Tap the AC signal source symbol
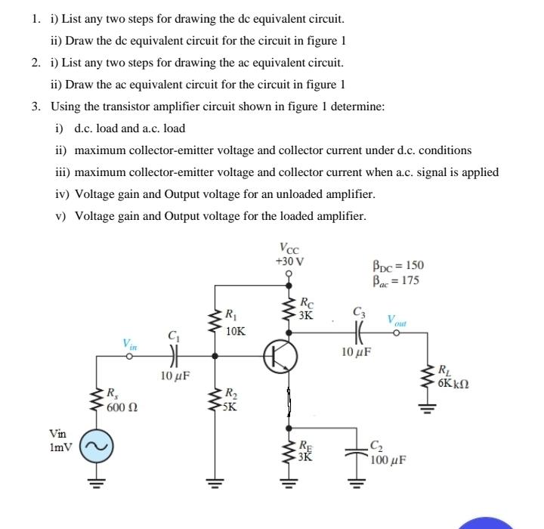coord(96,447)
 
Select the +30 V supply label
coord(289,261)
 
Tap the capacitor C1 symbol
coord(175,354)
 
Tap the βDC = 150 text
coord(398,265)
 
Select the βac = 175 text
coord(397,280)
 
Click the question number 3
coord(36,107)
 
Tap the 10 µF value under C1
coord(175,376)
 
